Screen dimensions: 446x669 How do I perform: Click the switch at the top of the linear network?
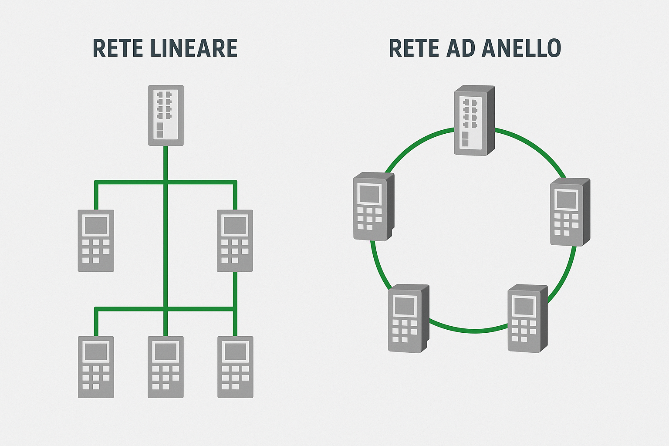[x=166, y=115]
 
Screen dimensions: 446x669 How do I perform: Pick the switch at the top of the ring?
[x=474, y=121]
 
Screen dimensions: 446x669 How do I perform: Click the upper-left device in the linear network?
[x=96, y=240]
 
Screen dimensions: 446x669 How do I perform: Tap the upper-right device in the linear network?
[x=235, y=240]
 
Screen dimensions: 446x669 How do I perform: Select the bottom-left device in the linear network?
[x=96, y=367]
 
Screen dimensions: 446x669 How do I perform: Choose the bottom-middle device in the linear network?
[x=166, y=367]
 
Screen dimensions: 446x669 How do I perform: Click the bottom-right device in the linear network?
[x=235, y=367]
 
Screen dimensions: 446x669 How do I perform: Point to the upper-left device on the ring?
[x=373, y=206]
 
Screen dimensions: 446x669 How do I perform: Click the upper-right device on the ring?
[x=570, y=212]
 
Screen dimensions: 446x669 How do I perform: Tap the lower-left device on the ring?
[x=408, y=318]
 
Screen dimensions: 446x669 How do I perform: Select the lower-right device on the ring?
[x=527, y=318]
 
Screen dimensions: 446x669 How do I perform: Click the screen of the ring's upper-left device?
[x=369, y=194]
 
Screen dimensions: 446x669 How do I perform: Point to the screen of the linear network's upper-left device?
[x=96, y=226]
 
